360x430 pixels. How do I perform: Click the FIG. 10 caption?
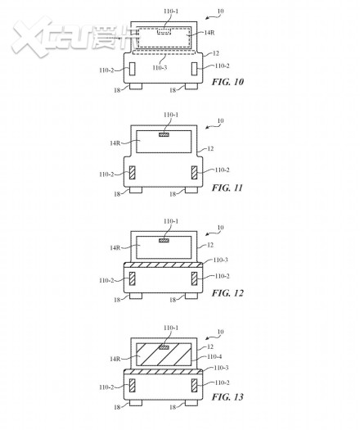[227, 82]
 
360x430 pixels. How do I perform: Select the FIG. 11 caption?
[227, 188]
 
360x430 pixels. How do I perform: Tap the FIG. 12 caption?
[227, 293]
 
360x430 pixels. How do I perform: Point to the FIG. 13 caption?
[227, 396]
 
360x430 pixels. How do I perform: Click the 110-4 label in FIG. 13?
[214, 356]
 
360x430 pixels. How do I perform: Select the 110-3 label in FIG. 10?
[160, 67]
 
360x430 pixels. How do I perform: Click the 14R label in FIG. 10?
[209, 33]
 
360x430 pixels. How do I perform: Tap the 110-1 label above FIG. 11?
[171, 115]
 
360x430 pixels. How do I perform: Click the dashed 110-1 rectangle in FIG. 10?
[164, 32]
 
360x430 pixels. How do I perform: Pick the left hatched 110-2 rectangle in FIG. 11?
[132, 173]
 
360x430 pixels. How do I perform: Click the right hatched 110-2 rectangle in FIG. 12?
[194, 278]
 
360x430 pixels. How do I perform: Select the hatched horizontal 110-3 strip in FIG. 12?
[164, 265]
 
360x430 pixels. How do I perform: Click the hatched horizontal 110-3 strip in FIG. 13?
[164, 372]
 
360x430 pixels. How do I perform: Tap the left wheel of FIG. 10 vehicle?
[136, 86]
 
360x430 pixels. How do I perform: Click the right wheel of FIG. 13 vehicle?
[191, 403]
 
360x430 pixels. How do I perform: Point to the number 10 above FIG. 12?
[221, 228]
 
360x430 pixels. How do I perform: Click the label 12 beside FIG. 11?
[210, 148]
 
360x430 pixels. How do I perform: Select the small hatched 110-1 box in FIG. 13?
[164, 347]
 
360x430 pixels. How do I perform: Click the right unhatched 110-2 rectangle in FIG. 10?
[194, 69]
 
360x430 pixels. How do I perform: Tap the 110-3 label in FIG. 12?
[221, 260]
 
